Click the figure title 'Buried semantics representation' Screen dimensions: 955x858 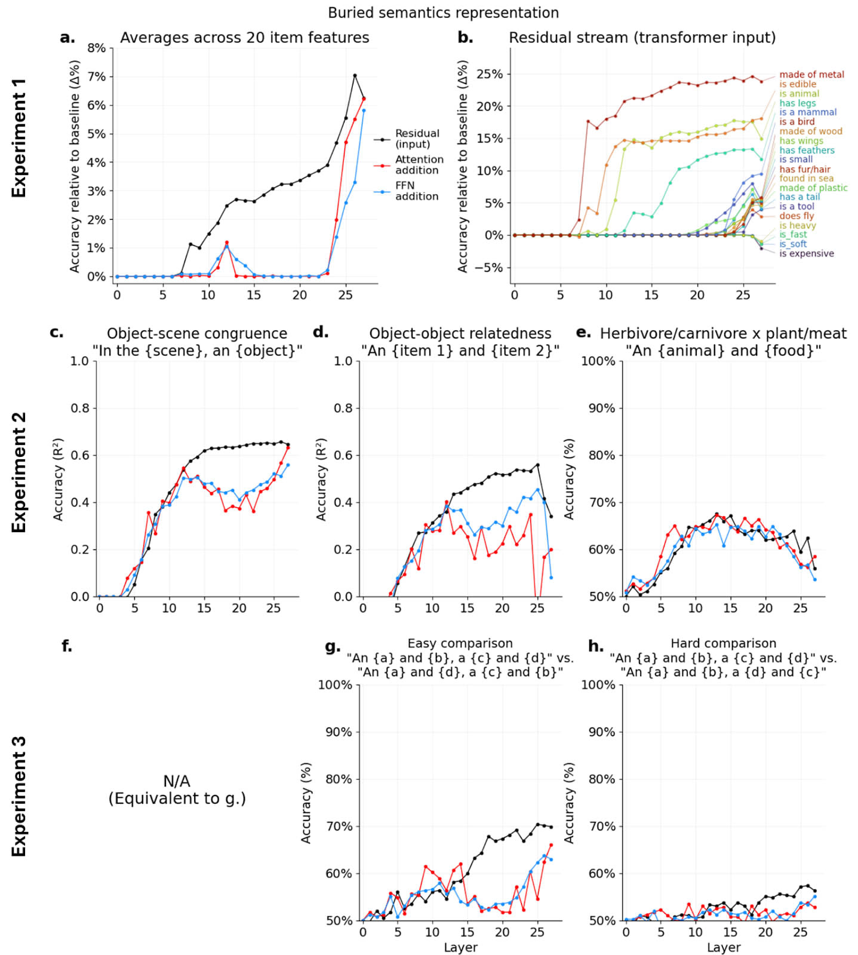[443, 13]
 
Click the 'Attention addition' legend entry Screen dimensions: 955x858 [419, 165]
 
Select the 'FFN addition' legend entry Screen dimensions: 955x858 [416, 191]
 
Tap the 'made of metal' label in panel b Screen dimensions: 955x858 [811, 75]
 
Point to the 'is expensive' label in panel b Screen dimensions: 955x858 [806, 253]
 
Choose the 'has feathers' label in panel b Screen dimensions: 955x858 [807, 151]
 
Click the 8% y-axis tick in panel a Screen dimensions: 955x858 [97, 48]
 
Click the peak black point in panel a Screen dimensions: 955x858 [355, 76]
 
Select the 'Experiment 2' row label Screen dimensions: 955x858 [19, 472]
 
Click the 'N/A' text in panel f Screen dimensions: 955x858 [177, 781]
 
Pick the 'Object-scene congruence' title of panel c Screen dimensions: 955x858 [197, 333]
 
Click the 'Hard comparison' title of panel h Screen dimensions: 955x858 [723, 643]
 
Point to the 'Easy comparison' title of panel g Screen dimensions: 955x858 [460, 643]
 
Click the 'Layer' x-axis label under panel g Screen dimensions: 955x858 [460, 947]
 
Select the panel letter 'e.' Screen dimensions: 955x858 [583, 333]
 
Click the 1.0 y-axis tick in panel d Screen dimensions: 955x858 [344, 361]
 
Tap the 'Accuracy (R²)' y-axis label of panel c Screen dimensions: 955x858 [59, 479]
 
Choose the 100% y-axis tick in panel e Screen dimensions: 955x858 [598, 361]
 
